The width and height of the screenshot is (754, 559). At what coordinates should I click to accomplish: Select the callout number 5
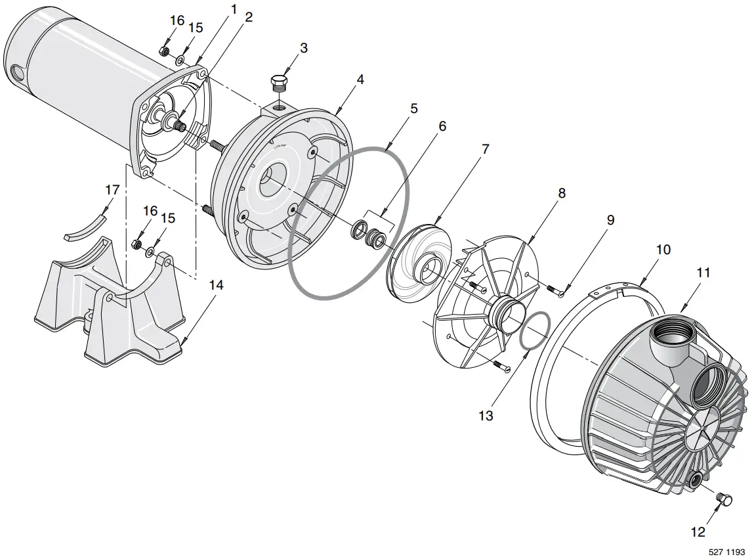pyautogui.click(x=413, y=108)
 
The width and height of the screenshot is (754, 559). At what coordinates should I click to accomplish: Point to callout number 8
pyautogui.click(x=562, y=193)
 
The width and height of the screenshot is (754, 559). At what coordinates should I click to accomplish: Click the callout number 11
pyautogui.click(x=703, y=273)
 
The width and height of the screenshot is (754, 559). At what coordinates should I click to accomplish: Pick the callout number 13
pyautogui.click(x=486, y=415)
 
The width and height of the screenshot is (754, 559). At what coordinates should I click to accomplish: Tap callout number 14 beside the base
pyautogui.click(x=216, y=284)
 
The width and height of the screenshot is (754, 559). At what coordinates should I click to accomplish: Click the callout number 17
pyautogui.click(x=112, y=190)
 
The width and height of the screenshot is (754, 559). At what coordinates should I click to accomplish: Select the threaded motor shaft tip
pyautogui.click(x=180, y=125)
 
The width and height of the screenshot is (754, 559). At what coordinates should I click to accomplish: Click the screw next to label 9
pyautogui.click(x=554, y=290)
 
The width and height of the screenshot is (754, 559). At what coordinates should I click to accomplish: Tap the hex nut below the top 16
pyautogui.click(x=165, y=51)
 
